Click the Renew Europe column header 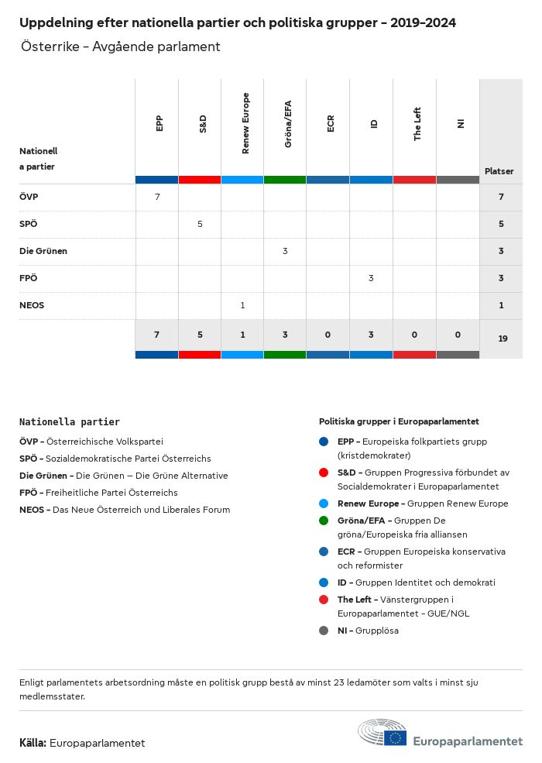click(x=245, y=123)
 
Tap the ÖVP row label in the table click(x=29, y=197)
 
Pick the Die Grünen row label click(x=43, y=251)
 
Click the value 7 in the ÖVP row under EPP click(x=157, y=197)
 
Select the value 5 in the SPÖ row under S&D click(x=200, y=224)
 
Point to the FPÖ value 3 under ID click(x=371, y=278)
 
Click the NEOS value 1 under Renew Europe click(x=242, y=305)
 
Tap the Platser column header click(x=499, y=171)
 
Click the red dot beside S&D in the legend click(x=324, y=472)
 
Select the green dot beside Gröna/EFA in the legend click(x=324, y=521)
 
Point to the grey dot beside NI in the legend click(x=324, y=631)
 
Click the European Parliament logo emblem click(x=382, y=734)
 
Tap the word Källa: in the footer click(x=33, y=743)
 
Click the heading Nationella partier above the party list click(x=70, y=422)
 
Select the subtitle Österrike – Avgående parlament click(x=121, y=46)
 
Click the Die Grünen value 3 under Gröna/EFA click(x=285, y=251)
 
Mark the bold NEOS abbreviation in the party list click(x=32, y=510)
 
